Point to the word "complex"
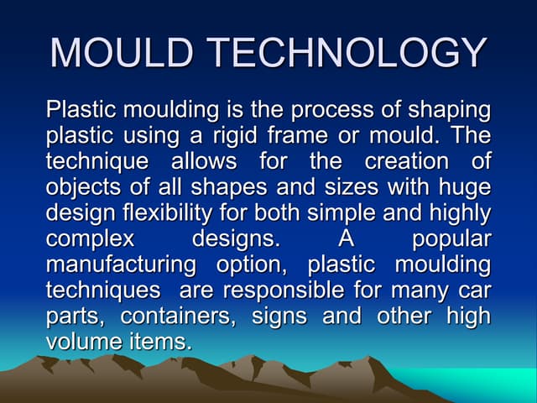(90, 238)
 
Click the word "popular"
(451, 238)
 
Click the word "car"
(473, 290)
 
